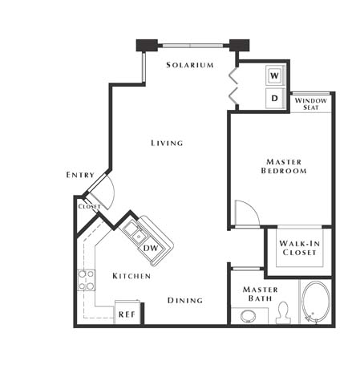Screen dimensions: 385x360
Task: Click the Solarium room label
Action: tap(190, 65)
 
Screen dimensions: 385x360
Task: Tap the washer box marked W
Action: tap(274, 75)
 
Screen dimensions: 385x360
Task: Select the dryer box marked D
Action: tap(274, 99)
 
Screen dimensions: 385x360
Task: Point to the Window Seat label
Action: tap(310, 104)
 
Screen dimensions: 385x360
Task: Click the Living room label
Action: tap(167, 144)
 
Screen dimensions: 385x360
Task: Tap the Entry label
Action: tap(80, 175)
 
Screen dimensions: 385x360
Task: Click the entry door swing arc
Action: tap(104, 192)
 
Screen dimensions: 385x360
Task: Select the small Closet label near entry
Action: tap(89, 206)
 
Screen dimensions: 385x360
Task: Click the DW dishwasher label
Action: tap(151, 248)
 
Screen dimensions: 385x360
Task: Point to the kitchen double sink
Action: tap(136, 234)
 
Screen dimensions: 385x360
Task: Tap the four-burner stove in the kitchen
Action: tap(86, 280)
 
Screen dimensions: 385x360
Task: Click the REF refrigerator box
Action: tap(127, 314)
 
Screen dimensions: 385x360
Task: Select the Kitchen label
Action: tap(131, 276)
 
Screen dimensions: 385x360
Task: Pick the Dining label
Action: tap(184, 301)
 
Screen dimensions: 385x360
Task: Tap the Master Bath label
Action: tap(261, 295)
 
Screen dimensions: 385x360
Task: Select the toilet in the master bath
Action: tap(282, 313)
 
